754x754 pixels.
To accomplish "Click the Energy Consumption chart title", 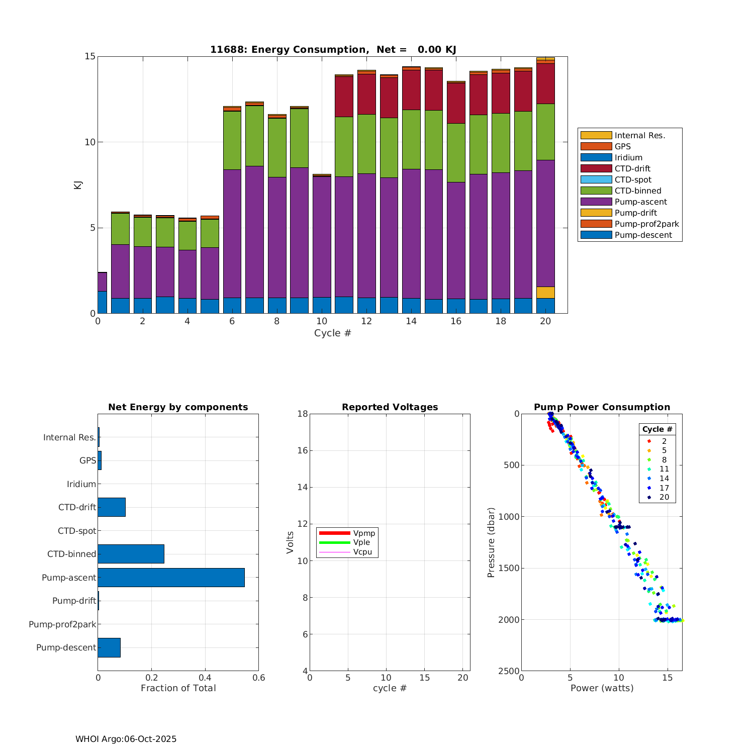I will click(333, 49).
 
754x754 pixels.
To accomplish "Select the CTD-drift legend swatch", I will click(596, 168).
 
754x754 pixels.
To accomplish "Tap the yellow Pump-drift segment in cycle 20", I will click(545, 293).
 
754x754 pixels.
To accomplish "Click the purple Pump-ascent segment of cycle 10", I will click(322, 236).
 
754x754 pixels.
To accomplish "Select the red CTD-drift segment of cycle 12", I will click(366, 94).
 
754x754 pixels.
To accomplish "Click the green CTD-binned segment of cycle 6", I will click(232, 140).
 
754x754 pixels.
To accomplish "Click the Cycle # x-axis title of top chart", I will click(332, 333).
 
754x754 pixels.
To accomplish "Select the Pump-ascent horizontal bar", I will click(171, 578).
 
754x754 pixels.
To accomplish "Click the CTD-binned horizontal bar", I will click(131, 554).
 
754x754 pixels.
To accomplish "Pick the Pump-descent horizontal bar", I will click(109, 647).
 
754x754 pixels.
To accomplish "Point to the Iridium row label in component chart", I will click(81, 484).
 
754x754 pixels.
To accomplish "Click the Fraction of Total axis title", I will click(178, 688).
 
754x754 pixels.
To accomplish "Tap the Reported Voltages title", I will click(390, 407).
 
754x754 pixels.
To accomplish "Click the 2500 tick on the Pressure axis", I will click(510, 671).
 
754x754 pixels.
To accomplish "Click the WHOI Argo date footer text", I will click(126, 739).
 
